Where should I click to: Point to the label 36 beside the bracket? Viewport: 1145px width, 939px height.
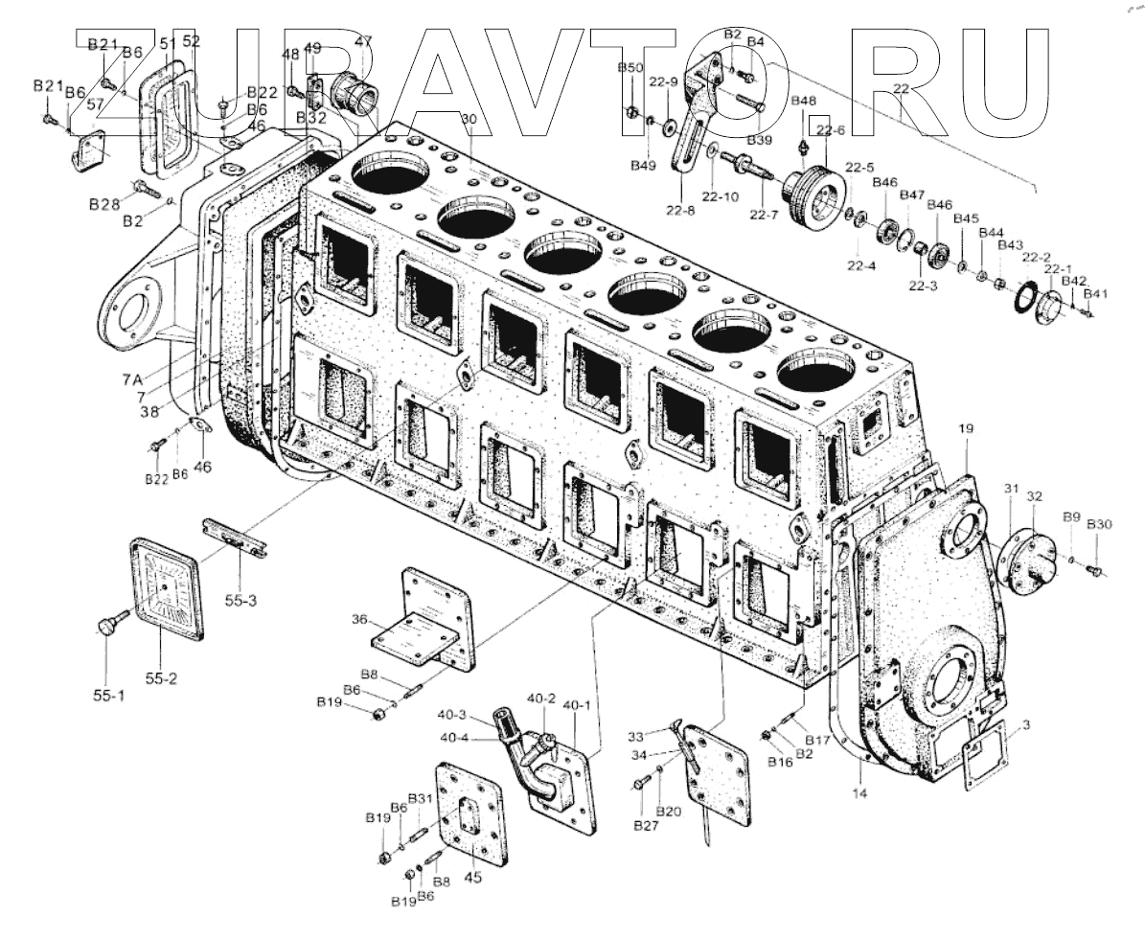pos(360,621)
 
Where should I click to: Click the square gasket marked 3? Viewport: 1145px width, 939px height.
pos(980,754)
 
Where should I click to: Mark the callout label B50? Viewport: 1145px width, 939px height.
pos(630,67)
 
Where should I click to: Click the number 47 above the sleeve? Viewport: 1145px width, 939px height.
pos(363,41)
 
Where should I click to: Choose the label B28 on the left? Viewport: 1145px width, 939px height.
pos(103,204)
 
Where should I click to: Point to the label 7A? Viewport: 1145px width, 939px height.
pos(133,379)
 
